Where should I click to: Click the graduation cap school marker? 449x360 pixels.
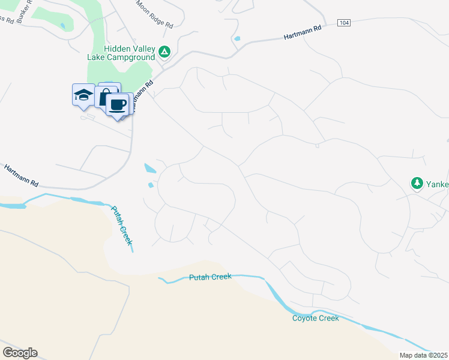tap(83, 95)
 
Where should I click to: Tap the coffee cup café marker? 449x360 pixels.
tap(118, 104)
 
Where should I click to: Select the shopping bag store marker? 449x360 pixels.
tap(107, 95)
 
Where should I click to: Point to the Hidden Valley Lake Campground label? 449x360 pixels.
tap(130, 53)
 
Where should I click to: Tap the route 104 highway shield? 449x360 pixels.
tap(343, 23)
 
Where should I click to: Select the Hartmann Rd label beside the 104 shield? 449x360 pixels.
tap(303, 32)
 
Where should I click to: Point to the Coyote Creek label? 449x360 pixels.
tap(315, 318)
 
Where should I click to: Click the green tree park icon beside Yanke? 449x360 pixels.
tap(417, 183)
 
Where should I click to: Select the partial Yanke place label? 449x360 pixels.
tap(437, 184)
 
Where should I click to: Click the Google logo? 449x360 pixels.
tap(20, 353)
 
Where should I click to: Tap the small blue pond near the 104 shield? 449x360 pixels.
tap(238, 39)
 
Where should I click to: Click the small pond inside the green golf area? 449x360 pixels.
tap(62, 26)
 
